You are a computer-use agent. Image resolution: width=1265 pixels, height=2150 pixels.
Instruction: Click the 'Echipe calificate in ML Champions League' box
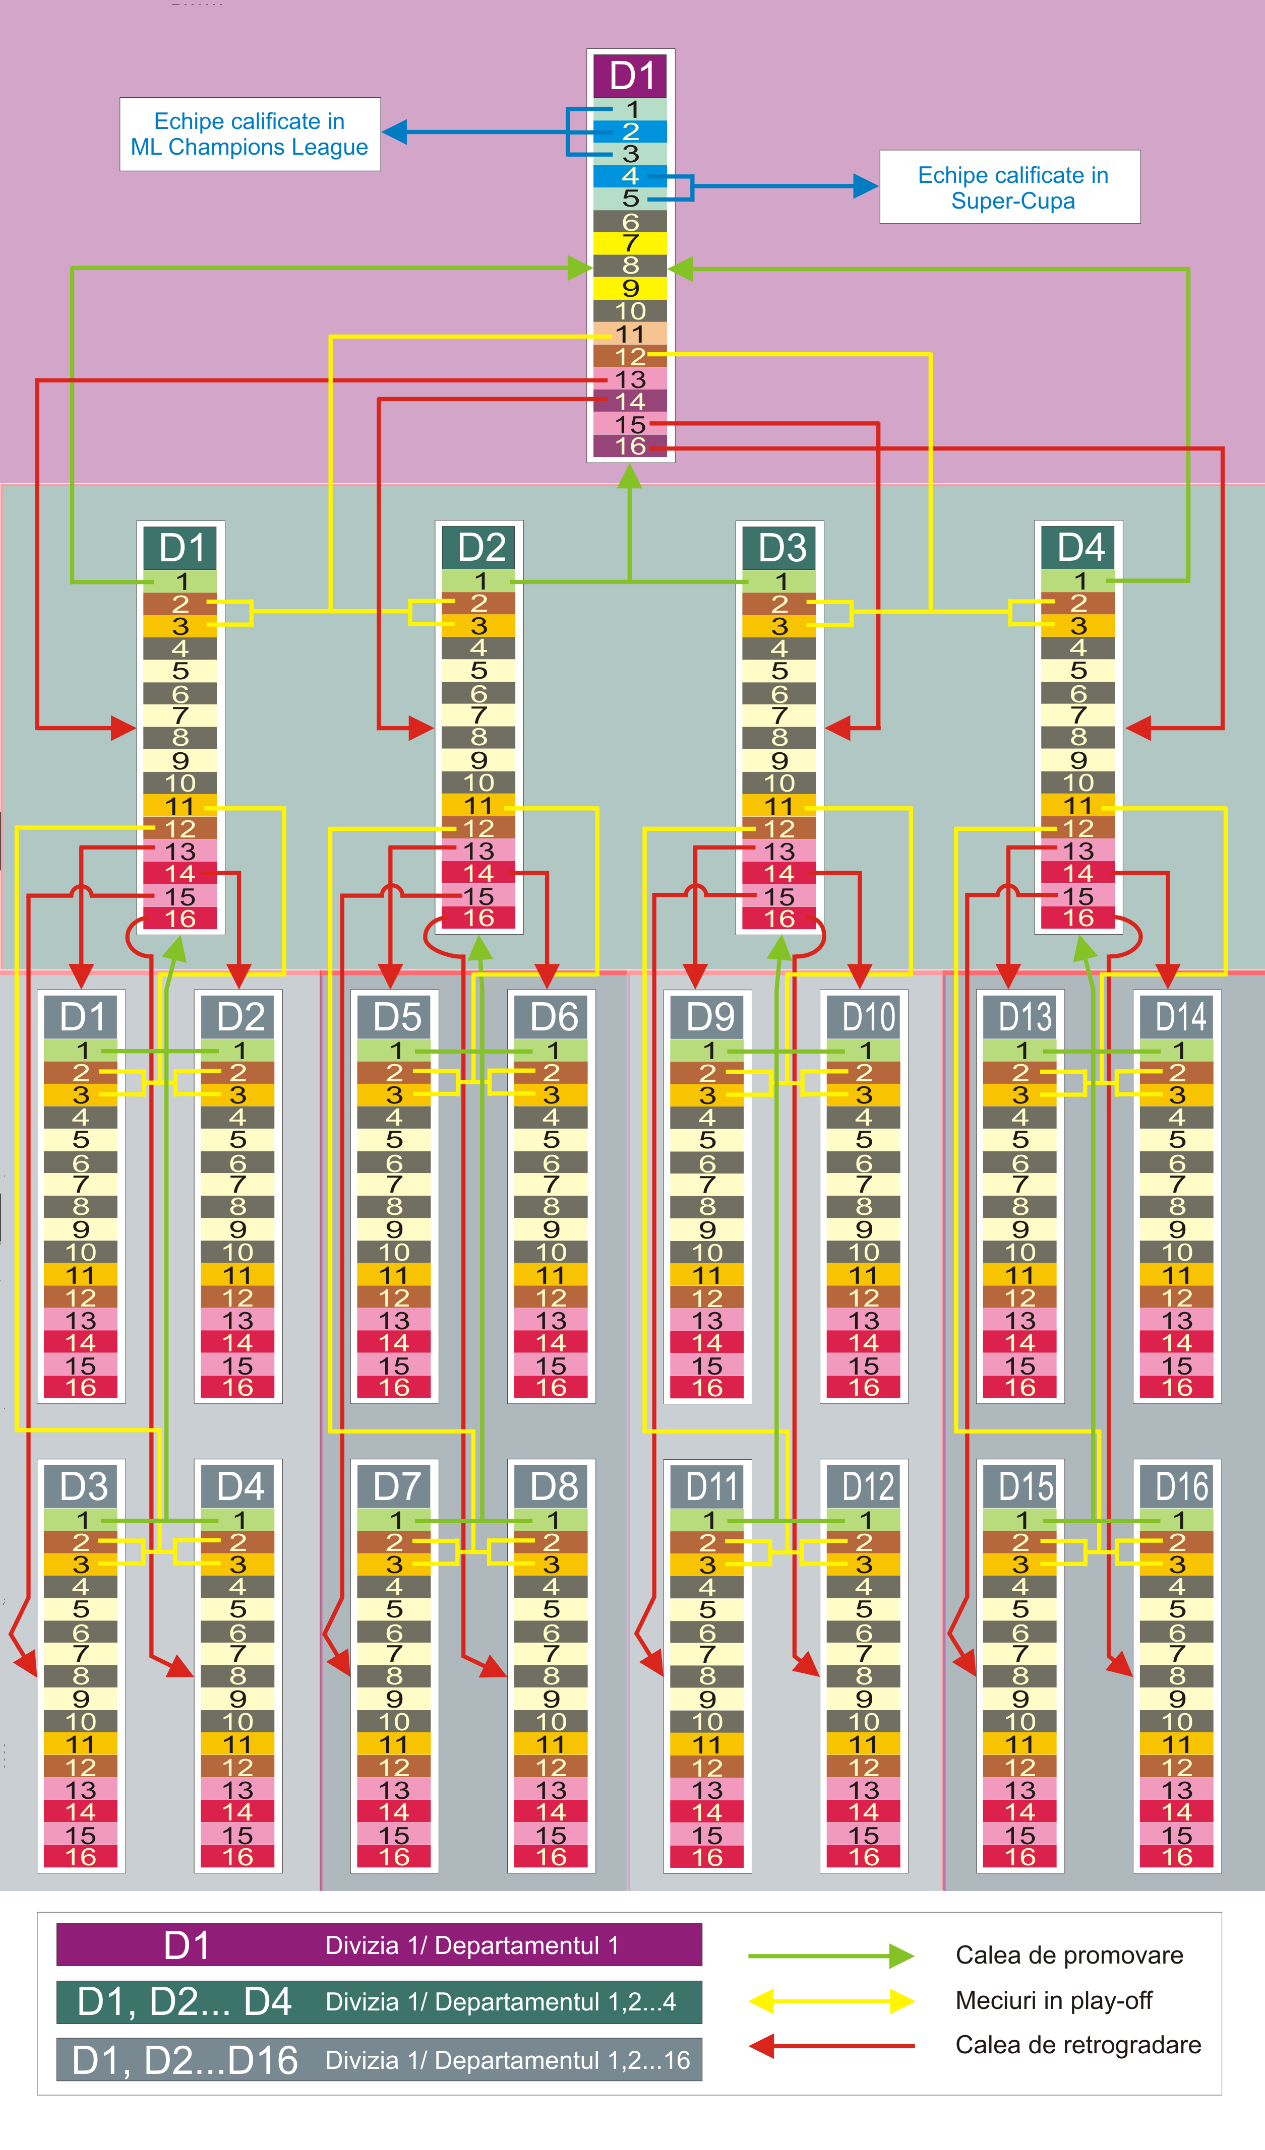pos(249,134)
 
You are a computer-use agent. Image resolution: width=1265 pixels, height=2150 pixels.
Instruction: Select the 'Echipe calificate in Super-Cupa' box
pos(1010,187)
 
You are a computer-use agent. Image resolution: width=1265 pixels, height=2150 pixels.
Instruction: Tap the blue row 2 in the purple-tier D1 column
pos(630,132)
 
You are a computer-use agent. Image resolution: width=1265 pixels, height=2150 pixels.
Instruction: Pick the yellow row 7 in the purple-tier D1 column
pos(630,243)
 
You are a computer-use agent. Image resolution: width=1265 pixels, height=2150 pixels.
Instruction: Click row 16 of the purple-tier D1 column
pos(630,446)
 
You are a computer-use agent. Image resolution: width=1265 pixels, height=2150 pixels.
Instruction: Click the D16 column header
pos(1180,1486)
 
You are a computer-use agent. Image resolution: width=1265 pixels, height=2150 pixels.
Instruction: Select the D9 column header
pos(708,1017)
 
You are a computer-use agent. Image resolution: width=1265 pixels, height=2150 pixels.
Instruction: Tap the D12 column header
pos(866,1486)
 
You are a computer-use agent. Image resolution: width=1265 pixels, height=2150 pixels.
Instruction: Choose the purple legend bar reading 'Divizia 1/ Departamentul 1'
pos(379,1945)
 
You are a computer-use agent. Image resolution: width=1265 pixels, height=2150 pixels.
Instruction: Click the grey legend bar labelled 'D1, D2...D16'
pos(379,2060)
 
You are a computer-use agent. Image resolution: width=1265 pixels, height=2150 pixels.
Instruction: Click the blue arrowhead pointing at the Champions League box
pos(394,132)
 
